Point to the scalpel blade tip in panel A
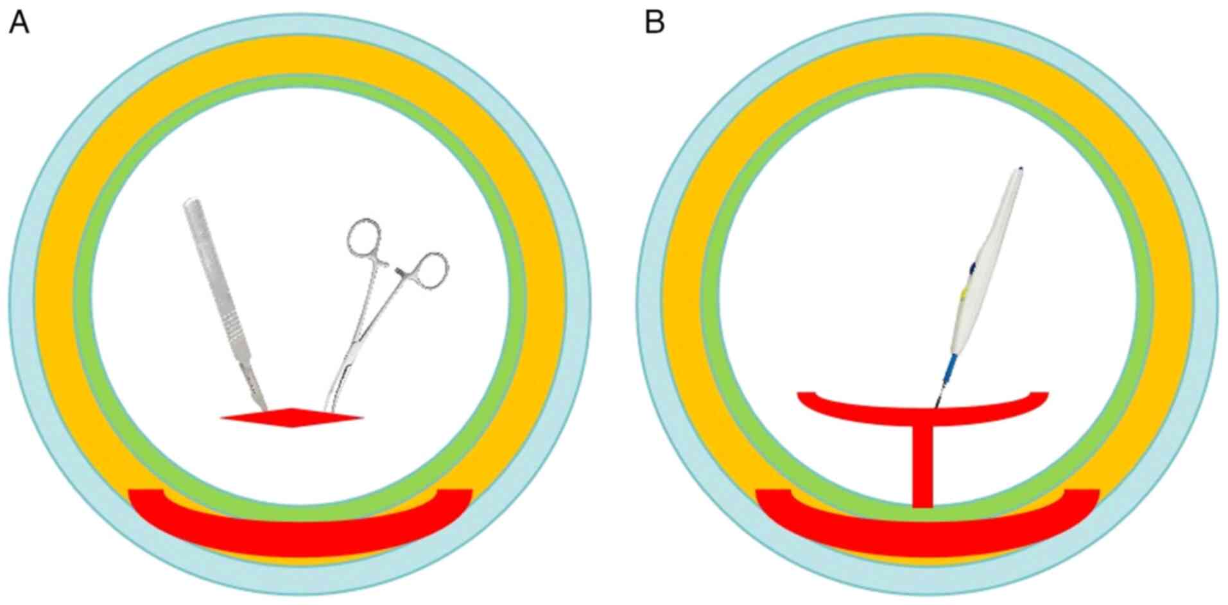(265, 408)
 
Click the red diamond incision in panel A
(292, 417)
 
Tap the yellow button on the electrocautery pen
(964, 294)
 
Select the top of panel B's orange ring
(927, 55)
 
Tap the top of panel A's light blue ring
(300, 24)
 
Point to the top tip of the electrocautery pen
(1020, 169)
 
